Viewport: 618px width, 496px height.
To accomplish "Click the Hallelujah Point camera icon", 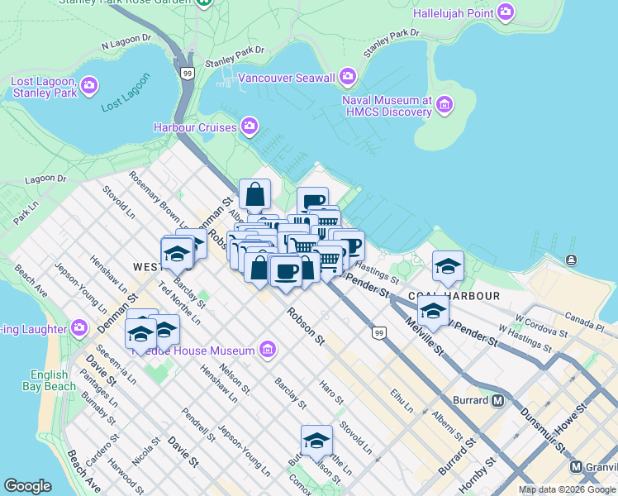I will click(x=505, y=12).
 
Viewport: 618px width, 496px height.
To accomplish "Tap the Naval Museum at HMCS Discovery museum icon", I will click(x=445, y=104).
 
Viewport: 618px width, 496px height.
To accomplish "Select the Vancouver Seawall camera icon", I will click(x=348, y=77).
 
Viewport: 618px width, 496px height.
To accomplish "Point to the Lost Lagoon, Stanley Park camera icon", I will click(x=89, y=85).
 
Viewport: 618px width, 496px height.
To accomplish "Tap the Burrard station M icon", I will click(x=497, y=400).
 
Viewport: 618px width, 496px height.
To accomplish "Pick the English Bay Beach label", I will click(x=54, y=380).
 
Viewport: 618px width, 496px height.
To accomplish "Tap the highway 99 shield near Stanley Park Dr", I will click(x=188, y=74).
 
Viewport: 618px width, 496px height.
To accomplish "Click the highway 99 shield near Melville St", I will click(x=379, y=332).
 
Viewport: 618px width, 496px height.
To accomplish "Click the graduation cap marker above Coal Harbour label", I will click(x=448, y=265).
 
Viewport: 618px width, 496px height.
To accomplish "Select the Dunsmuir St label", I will click(x=541, y=427).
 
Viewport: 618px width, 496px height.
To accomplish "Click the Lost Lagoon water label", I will click(x=125, y=93).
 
